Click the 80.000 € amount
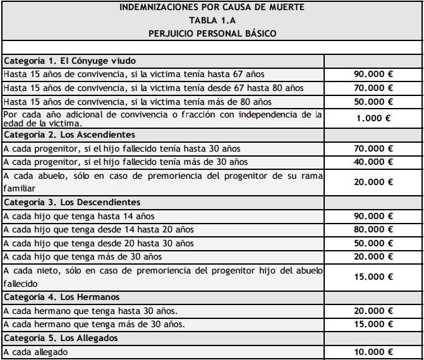(x=373, y=229)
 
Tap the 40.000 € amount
(x=373, y=162)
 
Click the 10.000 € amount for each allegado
(x=373, y=352)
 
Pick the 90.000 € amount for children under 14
(x=373, y=216)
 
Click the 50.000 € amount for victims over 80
(x=373, y=102)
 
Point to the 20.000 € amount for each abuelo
(x=373, y=181)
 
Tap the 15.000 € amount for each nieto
(x=373, y=276)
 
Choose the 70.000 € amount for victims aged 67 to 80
(x=373, y=88)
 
